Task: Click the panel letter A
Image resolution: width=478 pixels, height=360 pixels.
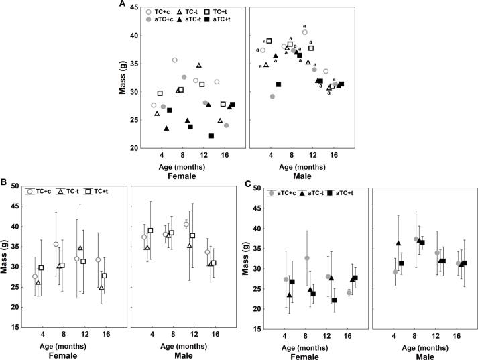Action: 122,5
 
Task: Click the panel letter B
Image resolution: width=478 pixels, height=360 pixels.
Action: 4,182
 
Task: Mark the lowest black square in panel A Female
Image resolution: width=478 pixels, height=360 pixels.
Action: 211,136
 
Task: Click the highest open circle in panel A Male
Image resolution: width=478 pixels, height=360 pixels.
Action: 305,32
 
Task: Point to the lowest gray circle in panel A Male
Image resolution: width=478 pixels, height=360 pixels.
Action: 272,97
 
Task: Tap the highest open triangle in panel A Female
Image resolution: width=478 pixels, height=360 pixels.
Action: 199,66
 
